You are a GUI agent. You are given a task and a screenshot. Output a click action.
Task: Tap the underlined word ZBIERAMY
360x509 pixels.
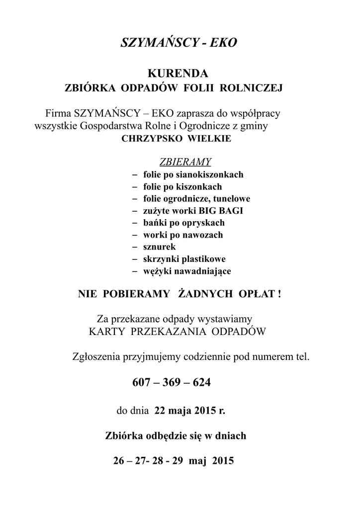tap(185, 162)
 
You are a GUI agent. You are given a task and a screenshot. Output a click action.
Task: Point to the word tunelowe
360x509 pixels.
tap(230, 199)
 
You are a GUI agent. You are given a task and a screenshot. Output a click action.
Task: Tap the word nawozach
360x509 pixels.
tap(203, 235)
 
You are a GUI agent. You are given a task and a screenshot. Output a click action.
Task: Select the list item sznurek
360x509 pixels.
tap(159, 247)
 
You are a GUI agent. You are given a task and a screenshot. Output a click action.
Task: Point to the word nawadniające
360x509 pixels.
tap(202, 271)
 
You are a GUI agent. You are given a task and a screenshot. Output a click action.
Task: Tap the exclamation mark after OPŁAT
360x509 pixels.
tap(280, 294)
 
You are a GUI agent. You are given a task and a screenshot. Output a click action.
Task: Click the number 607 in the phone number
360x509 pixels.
tap(142, 383)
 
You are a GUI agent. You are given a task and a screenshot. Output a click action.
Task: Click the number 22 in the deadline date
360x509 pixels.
tap(160, 411)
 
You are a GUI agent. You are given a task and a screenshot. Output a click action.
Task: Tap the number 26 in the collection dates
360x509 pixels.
tap(119, 460)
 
